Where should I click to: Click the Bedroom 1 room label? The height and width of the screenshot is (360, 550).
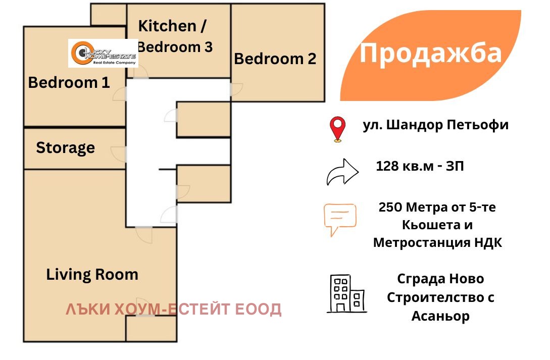[x=69, y=83]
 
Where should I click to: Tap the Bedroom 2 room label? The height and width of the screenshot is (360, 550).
[x=275, y=59]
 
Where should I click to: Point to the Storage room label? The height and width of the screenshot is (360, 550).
[x=65, y=148]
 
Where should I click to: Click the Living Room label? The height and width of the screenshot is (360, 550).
[x=92, y=275]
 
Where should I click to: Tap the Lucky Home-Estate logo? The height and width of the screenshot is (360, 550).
[x=103, y=54]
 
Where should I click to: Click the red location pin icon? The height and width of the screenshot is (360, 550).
[x=337, y=129]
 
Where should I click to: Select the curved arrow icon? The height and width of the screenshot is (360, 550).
[x=342, y=172]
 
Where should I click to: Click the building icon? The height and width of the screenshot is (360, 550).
[x=347, y=294]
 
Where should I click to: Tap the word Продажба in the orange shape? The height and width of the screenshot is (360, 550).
[x=431, y=54]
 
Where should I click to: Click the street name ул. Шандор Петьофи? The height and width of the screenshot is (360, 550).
[x=436, y=125]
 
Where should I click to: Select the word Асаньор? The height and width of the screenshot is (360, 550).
[x=440, y=316]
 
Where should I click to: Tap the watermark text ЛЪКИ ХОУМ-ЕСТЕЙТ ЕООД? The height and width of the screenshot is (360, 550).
[x=174, y=310]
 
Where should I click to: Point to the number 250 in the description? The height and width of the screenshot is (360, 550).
[x=390, y=207]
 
